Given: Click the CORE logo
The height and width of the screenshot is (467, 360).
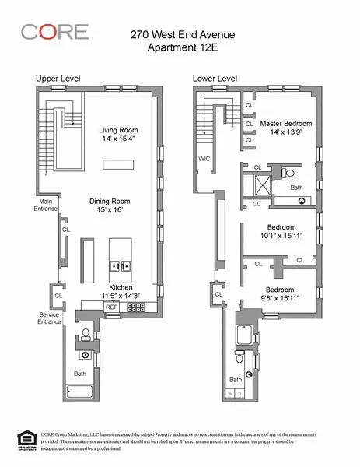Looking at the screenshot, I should point(54,32).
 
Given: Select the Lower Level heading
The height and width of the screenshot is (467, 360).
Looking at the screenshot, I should point(215,79).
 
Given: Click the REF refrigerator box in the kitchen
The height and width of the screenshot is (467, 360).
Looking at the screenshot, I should point(112,307).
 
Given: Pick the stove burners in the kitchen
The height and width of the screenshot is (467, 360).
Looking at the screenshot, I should point(136,307).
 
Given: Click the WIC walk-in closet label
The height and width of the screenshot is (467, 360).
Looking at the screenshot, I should point(204,158).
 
